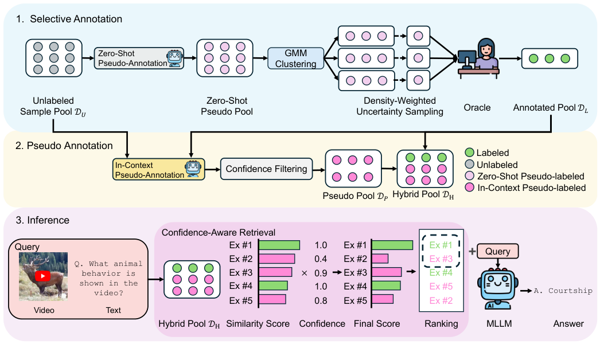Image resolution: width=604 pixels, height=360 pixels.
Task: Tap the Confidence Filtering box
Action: point(267,169)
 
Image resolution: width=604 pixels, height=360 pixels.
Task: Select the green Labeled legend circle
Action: point(469,153)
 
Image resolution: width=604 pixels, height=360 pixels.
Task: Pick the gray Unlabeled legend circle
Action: point(469,165)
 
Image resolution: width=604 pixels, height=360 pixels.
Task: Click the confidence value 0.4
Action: point(322,259)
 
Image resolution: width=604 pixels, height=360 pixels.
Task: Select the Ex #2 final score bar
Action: point(380,259)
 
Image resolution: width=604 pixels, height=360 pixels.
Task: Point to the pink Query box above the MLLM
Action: point(498,251)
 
